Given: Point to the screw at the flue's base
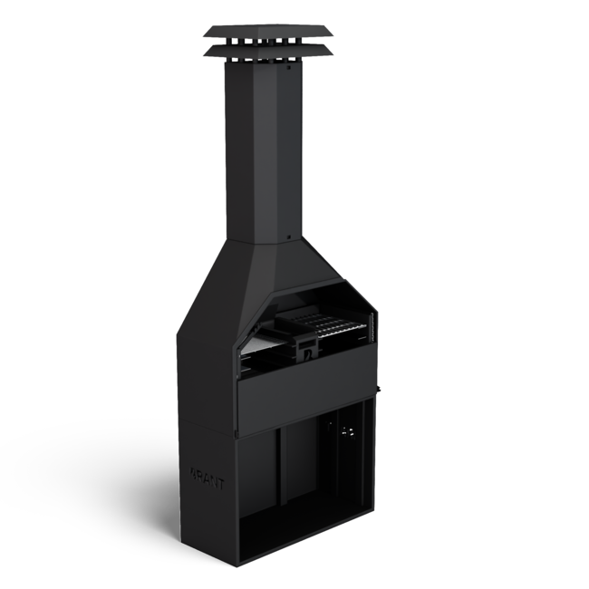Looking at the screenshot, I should [x=289, y=238].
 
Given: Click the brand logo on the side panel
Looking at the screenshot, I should [x=207, y=475].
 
